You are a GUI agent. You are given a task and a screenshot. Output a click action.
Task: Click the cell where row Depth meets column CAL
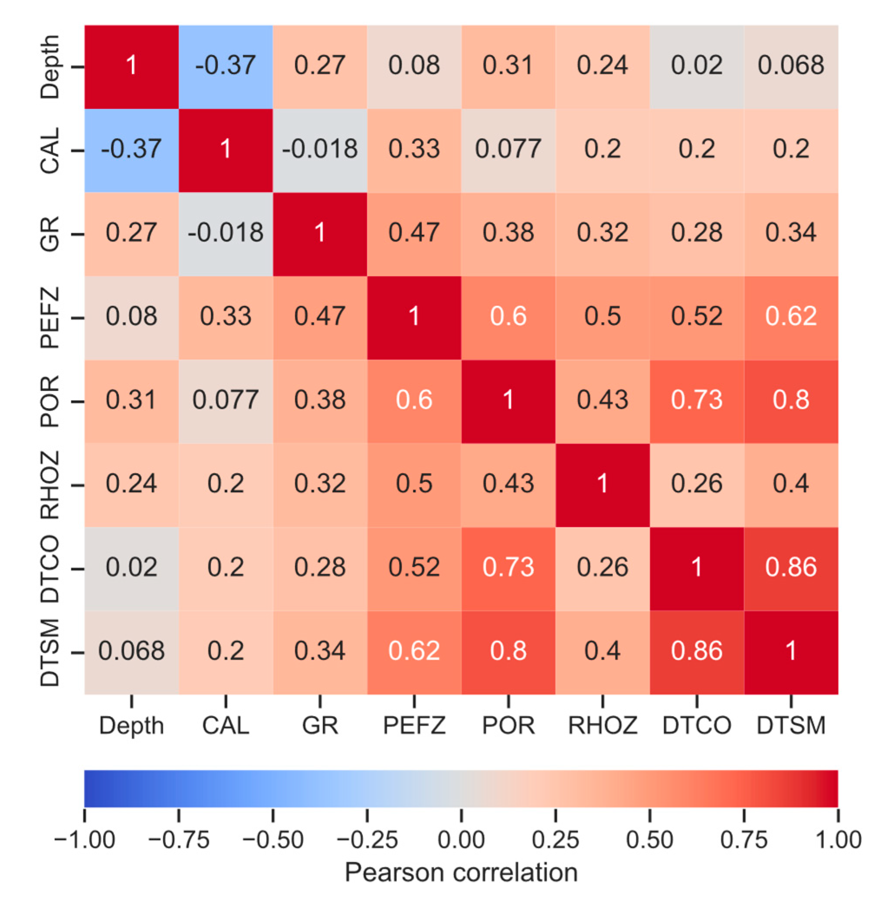coord(225,66)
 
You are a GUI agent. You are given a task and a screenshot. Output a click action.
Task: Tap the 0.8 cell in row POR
coord(790,401)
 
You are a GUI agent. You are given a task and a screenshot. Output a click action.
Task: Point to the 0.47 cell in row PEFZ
coord(319,317)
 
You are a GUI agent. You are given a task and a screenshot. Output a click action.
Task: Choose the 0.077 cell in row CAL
coord(508,150)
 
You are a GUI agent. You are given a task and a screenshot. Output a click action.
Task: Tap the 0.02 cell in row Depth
coord(696,66)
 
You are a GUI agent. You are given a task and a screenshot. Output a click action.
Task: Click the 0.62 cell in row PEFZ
coord(790,317)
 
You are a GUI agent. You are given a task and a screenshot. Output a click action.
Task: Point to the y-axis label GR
coord(50,233)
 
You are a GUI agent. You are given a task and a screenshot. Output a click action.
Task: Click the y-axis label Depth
coord(50,66)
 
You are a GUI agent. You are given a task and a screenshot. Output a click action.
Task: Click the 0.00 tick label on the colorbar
coord(461,840)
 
